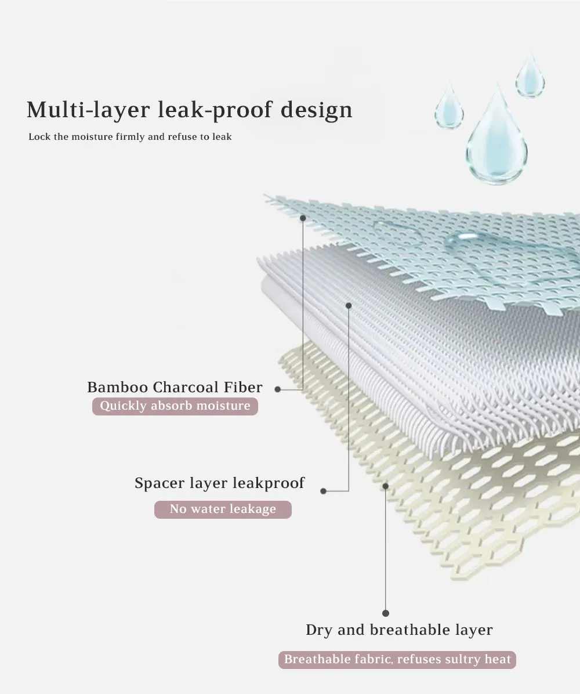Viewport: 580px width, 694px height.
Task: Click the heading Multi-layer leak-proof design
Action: [x=189, y=109]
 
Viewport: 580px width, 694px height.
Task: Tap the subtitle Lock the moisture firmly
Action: [x=130, y=137]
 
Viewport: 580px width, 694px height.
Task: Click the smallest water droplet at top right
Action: [x=530, y=78]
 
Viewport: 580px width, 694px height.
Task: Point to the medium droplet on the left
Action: [x=449, y=108]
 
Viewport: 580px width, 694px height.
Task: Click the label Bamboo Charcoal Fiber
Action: [x=175, y=387]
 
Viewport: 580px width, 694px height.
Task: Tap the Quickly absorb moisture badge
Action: [x=175, y=406]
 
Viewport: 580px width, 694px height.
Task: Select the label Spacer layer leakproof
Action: [x=219, y=483]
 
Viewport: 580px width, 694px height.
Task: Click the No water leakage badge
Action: [x=223, y=509]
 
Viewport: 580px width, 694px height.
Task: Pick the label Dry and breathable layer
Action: [x=399, y=630]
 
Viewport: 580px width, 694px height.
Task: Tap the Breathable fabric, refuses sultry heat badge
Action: [x=397, y=659]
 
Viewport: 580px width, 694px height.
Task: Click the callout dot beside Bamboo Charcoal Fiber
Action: [x=278, y=389]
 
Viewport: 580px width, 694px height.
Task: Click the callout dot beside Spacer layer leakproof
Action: [x=324, y=491]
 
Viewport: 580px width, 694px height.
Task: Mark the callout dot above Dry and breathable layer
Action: [x=386, y=613]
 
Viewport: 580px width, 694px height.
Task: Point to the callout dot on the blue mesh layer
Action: [x=303, y=218]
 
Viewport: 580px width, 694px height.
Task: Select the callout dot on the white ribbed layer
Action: [x=349, y=305]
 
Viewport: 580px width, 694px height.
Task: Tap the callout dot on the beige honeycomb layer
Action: [x=386, y=485]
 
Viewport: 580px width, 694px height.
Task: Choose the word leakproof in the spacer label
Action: [x=268, y=483]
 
